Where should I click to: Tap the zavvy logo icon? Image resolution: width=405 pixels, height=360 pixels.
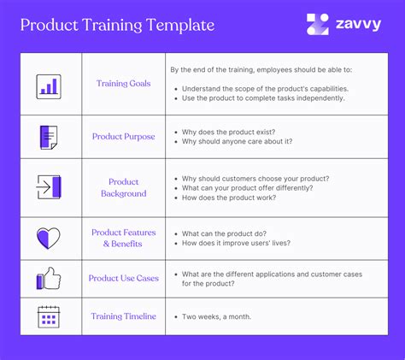pyautogui.click(x=317, y=25)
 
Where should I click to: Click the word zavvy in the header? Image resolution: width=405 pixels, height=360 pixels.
pyautogui.click(x=358, y=25)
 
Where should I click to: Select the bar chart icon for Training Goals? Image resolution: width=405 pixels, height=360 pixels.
pyautogui.click(x=48, y=85)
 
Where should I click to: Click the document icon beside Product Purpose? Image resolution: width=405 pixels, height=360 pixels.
pyautogui.click(x=48, y=137)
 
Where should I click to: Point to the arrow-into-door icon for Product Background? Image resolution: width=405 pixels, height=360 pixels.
pyautogui.click(x=48, y=187)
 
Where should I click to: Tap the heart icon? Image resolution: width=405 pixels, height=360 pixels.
pyautogui.click(x=48, y=238)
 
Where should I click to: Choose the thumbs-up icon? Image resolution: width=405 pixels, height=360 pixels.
pyautogui.click(x=48, y=279)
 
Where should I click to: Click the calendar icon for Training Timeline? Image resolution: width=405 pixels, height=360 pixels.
pyautogui.click(x=48, y=316)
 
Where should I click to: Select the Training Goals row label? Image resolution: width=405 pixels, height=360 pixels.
pyautogui.click(x=124, y=85)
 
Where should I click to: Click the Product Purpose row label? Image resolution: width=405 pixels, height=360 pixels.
pyautogui.click(x=124, y=137)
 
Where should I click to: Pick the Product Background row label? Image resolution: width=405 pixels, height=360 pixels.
pyautogui.click(x=124, y=187)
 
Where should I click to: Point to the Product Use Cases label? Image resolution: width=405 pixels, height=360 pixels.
pyautogui.click(x=124, y=279)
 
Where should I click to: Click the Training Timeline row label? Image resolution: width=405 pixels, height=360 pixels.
pyautogui.click(x=124, y=316)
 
